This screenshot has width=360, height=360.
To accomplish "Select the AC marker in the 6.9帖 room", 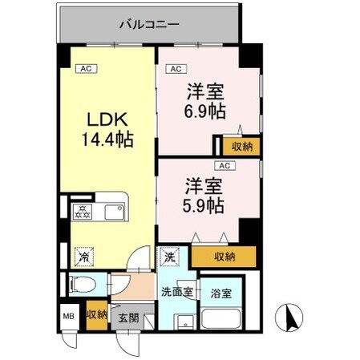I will [x=176, y=69].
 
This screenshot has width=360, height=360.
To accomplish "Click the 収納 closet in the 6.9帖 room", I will [x=241, y=146].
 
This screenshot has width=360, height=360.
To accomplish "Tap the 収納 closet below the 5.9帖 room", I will [x=224, y=257].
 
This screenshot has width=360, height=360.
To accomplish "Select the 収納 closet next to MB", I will [x=97, y=313].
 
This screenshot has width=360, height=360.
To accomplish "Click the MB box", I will [x=67, y=314].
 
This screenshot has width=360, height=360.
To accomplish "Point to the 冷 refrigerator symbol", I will [x=83, y=257].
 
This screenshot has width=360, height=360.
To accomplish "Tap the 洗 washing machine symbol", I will [x=169, y=257].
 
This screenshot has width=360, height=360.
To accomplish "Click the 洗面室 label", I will [x=176, y=292].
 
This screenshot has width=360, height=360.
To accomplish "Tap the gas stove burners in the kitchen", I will [x=83, y=212].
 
